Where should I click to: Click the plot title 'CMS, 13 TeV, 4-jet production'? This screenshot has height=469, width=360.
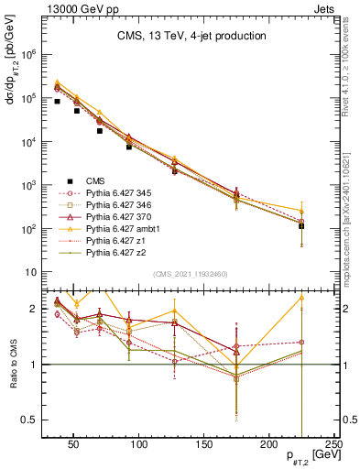coord(191,36)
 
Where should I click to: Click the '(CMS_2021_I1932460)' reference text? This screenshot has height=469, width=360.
coord(191,275)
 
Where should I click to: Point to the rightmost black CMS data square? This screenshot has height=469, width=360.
coord(301,225)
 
